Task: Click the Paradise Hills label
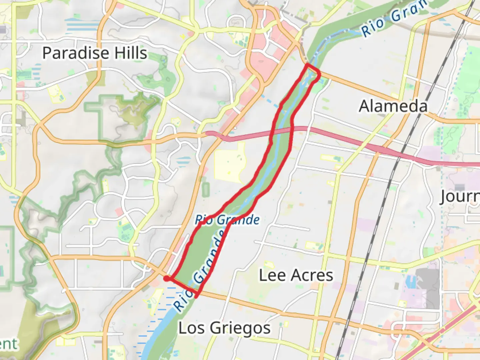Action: (x=95, y=53)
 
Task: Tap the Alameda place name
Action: (x=393, y=106)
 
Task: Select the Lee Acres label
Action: (x=296, y=275)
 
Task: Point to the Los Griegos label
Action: (x=224, y=328)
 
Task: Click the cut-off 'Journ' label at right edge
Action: (x=460, y=197)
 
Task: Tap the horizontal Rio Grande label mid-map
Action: (x=227, y=220)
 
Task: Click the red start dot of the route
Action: (x=167, y=279)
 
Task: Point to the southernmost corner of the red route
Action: (x=197, y=296)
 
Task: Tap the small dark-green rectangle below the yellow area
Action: (x=206, y=189)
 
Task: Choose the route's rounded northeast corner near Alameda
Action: (x=318, y=74)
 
